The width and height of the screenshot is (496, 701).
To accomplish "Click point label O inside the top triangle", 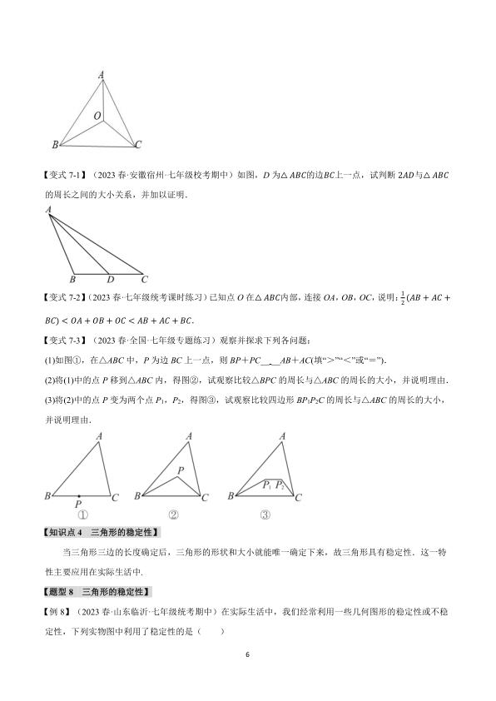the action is [x=97, y=115].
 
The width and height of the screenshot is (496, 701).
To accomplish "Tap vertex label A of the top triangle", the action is [x=101, y=76].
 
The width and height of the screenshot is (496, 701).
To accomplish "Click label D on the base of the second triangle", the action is [x=110, y=280].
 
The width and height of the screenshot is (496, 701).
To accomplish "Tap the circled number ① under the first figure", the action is [x=82, y=514].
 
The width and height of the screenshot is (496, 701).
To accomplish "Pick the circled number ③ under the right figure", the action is [x=264, y=514].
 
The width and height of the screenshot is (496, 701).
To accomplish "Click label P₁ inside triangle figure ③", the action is [x=267, y=485].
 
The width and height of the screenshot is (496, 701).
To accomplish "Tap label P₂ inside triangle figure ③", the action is [x=280, y=485].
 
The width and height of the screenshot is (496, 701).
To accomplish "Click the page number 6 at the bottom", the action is [x=248, y=654].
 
